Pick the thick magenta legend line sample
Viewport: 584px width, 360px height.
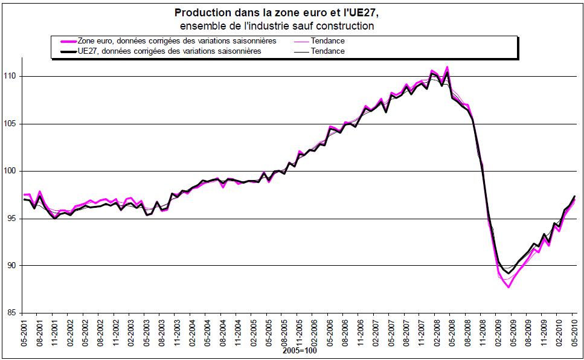[63, 41]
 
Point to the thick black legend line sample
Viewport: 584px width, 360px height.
[63, 51]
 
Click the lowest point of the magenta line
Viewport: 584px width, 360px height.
[509, 287]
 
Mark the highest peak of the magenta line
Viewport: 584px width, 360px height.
[447, 67]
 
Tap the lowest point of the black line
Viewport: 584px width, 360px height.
[509, 274]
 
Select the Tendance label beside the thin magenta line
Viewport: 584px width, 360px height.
[327, 40]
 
